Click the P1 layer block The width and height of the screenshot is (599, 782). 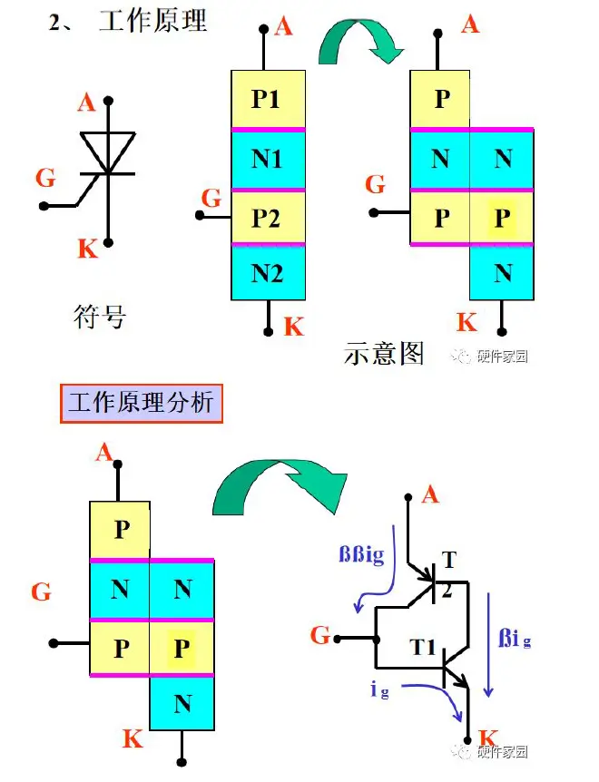click(x=267, y=99)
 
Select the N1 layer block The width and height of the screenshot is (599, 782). click(x=267, y=160)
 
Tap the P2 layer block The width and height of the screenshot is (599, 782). click(x=267, y=218)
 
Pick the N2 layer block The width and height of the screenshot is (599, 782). click(x=267, y=273)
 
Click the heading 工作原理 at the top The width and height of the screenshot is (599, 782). click(x=152, y=20)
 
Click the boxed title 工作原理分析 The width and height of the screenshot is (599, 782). click(x=141, y=402)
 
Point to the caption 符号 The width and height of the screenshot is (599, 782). click(x=99, y=317)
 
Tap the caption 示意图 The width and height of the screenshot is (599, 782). click(x=384, y=352)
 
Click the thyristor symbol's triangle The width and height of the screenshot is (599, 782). click(x=108, y=151)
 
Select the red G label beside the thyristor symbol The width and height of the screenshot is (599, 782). click(x=45, y=177)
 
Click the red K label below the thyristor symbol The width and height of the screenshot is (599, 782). click(x=87, y=249)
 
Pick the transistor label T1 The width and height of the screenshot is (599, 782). click(x=424, y=647)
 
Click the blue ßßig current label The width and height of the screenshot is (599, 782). click(x=361, y=555)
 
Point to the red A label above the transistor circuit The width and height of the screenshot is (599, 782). click(x=430, y=494)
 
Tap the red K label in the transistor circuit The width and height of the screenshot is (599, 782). click(x=487, y=737)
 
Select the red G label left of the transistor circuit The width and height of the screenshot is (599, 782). click(x=319, y=636)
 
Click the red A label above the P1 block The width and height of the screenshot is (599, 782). click(x=283, y=27)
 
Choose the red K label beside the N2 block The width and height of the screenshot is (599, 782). click(x=293, y=327)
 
